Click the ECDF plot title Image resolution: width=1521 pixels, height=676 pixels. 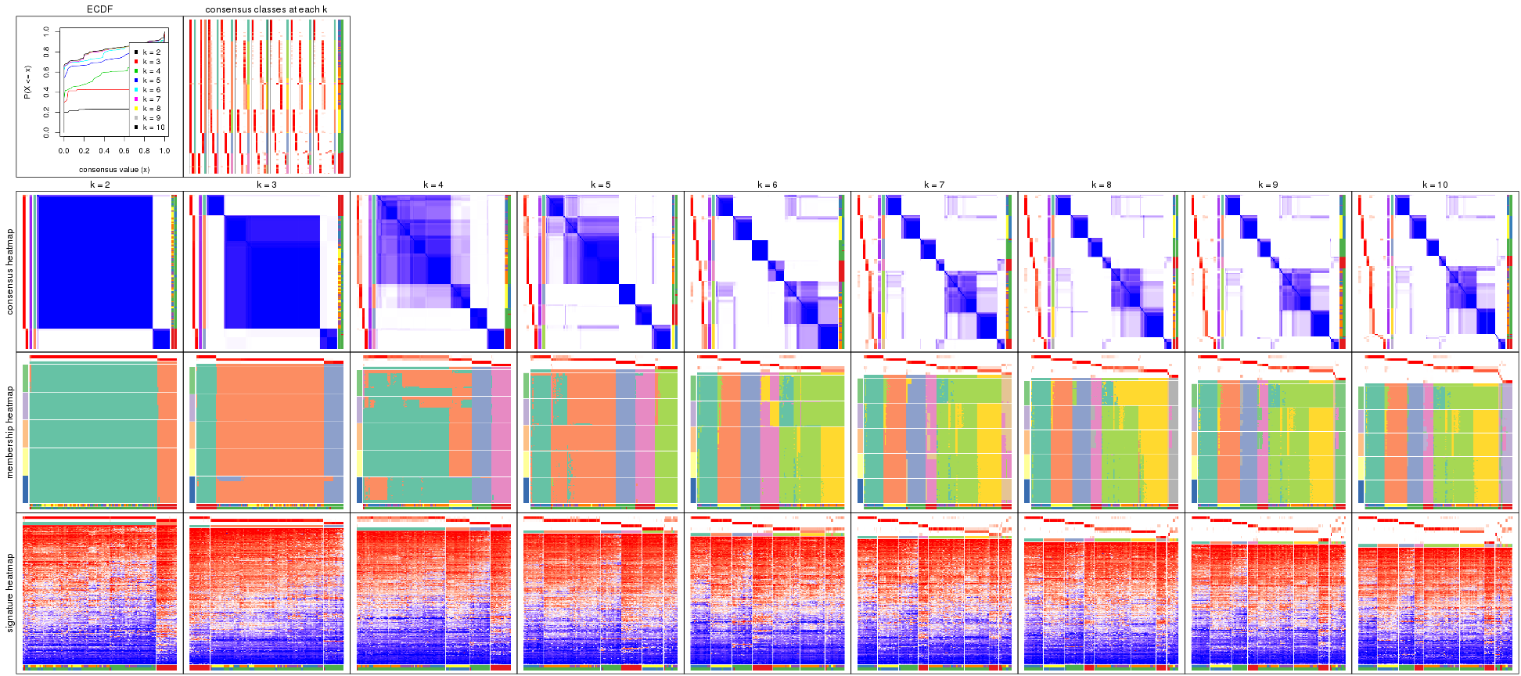point(99,9)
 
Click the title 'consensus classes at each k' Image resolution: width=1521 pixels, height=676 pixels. point(266,9)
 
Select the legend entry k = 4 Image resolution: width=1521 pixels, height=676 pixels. point(151,71)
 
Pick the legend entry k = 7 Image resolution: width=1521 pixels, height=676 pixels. point(151,99)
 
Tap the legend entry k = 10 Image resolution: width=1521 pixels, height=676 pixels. point(153,128)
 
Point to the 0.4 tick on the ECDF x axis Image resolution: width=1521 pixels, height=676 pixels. point(104,151)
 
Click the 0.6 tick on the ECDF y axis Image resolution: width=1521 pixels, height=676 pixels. point(46,72)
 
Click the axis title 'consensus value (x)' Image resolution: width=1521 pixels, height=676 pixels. point(114,169)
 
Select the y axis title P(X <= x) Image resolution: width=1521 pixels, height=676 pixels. point(27,82)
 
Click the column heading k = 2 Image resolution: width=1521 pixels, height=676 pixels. point(99,185)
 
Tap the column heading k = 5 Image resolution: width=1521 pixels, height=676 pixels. point(600,185)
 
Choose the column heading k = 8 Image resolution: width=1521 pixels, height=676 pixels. point(1101,185)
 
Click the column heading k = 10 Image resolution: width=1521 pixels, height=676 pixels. point(1435,185)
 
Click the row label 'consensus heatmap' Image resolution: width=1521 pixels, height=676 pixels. point(10,271)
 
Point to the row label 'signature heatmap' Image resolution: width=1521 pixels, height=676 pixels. point(10,592)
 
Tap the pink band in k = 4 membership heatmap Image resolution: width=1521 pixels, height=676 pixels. point(501,438)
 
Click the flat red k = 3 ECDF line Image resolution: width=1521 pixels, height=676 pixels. point(102,90)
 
